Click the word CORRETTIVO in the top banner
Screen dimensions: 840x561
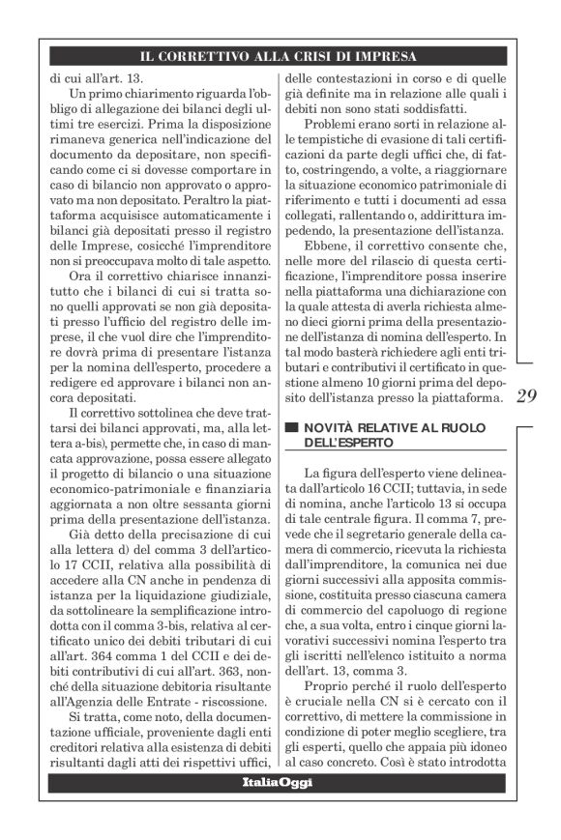216,56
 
